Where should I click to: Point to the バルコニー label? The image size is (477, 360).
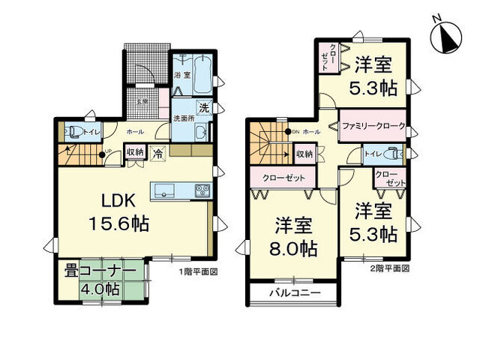(x=294, y=292)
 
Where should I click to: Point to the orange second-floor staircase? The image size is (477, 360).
(x=266, y=147)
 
